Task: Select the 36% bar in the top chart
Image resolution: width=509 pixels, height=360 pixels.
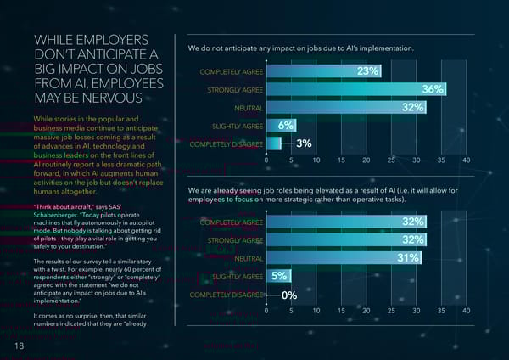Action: click(356, 89)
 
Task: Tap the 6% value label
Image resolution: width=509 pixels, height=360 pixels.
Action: click(286, 126)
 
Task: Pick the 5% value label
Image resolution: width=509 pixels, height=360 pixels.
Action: click(279, 276)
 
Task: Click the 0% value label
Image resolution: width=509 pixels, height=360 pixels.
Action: click(289, 295)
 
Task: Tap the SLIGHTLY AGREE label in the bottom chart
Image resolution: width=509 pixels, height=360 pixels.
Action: click(237, 277)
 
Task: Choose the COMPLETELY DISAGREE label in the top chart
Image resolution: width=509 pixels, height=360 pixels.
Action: click(226, 144)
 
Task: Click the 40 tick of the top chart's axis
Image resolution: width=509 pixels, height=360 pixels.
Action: click(465, 160)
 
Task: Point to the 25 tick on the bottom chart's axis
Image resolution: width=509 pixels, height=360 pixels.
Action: click(390, 311)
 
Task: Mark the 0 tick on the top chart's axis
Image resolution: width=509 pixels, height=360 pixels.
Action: click(266, 160)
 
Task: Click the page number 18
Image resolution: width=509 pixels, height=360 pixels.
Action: click(19, 346)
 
